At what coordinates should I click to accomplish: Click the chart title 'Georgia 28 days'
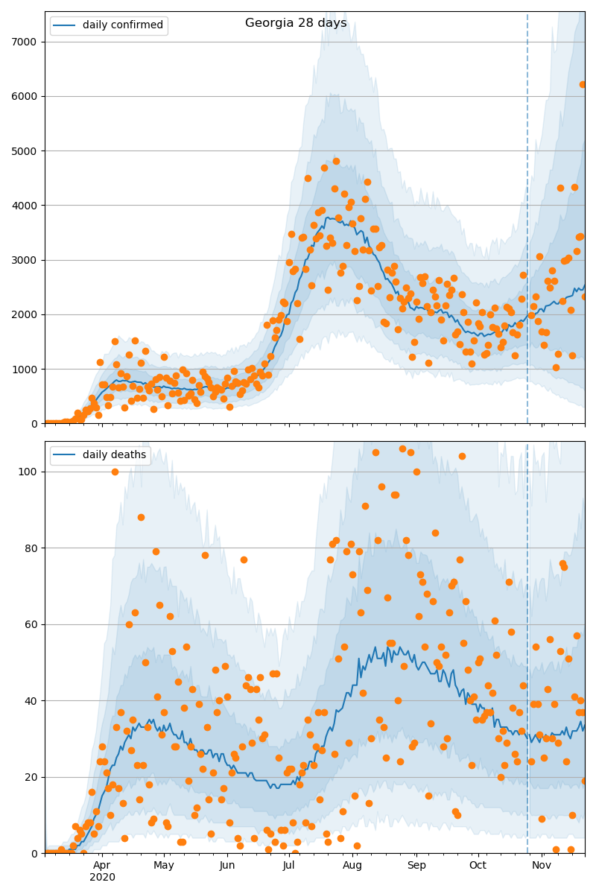(296, 23)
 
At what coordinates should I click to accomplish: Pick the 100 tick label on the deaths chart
(30, 472)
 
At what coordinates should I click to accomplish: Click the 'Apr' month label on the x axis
(102, 865)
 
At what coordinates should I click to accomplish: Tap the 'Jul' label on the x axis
(288, 865)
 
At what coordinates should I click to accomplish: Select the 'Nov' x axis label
(542, 865)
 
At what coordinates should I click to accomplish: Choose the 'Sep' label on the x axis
(416, 865)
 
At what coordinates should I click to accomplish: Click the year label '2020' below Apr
(102, 877)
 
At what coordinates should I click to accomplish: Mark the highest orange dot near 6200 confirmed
(583, 84)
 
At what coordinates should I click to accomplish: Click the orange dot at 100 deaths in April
(115, 472)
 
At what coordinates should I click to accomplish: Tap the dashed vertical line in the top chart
(527, 223)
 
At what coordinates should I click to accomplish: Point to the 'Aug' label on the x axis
(352, 865)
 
